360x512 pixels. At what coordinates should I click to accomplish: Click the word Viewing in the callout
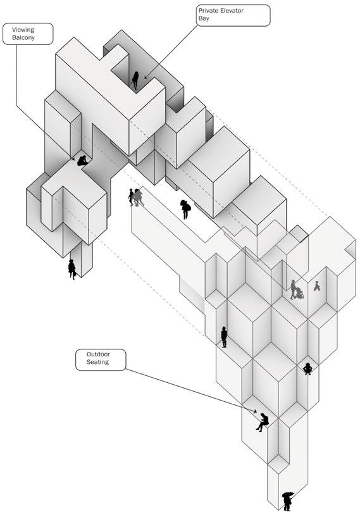point(23,30)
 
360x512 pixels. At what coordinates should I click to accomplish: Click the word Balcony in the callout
point(23,37)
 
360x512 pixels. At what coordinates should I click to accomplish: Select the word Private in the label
point(208,11)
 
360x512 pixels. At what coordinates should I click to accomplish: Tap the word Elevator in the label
point(231,11)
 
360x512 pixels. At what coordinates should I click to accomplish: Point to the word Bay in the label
point(204,18)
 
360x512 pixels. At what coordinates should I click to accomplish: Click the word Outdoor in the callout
point(98,354)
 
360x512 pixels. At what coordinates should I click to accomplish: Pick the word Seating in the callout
point(97,362)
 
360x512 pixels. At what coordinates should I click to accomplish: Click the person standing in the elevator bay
point(135,80)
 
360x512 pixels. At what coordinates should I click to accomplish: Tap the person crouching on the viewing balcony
point(82,161)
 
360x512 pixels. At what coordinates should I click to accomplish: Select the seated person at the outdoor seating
point(263,422)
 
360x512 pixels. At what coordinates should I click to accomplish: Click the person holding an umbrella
point(287,501)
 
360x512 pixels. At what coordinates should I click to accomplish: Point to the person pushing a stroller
point(296,290)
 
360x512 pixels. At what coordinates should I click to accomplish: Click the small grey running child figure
point(317,286)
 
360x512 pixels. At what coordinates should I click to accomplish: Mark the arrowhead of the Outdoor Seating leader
point(255,411)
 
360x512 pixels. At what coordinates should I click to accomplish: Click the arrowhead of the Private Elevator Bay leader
point(146,77)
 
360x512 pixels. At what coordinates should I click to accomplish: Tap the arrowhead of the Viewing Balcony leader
point(74,158)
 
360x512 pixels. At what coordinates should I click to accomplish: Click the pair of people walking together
point(136,197)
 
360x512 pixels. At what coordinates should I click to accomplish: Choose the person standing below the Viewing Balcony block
point(71,270)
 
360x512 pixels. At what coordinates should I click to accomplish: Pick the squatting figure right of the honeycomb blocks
point(307,368)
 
